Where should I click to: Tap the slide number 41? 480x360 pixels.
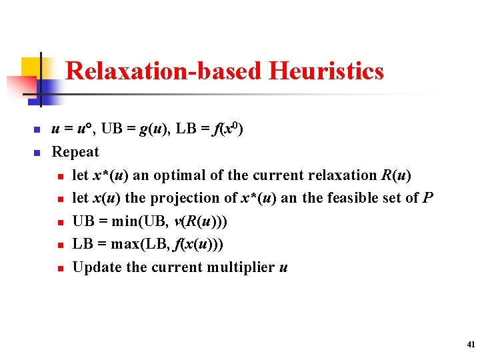pos(471,345)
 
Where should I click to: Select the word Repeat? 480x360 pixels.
pos(75,152)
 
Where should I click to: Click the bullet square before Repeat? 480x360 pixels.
pos(37,153)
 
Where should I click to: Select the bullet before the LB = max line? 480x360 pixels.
pos(59,245)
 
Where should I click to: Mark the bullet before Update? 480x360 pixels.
pos(59,268)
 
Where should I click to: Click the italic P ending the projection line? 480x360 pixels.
pos(429,198)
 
